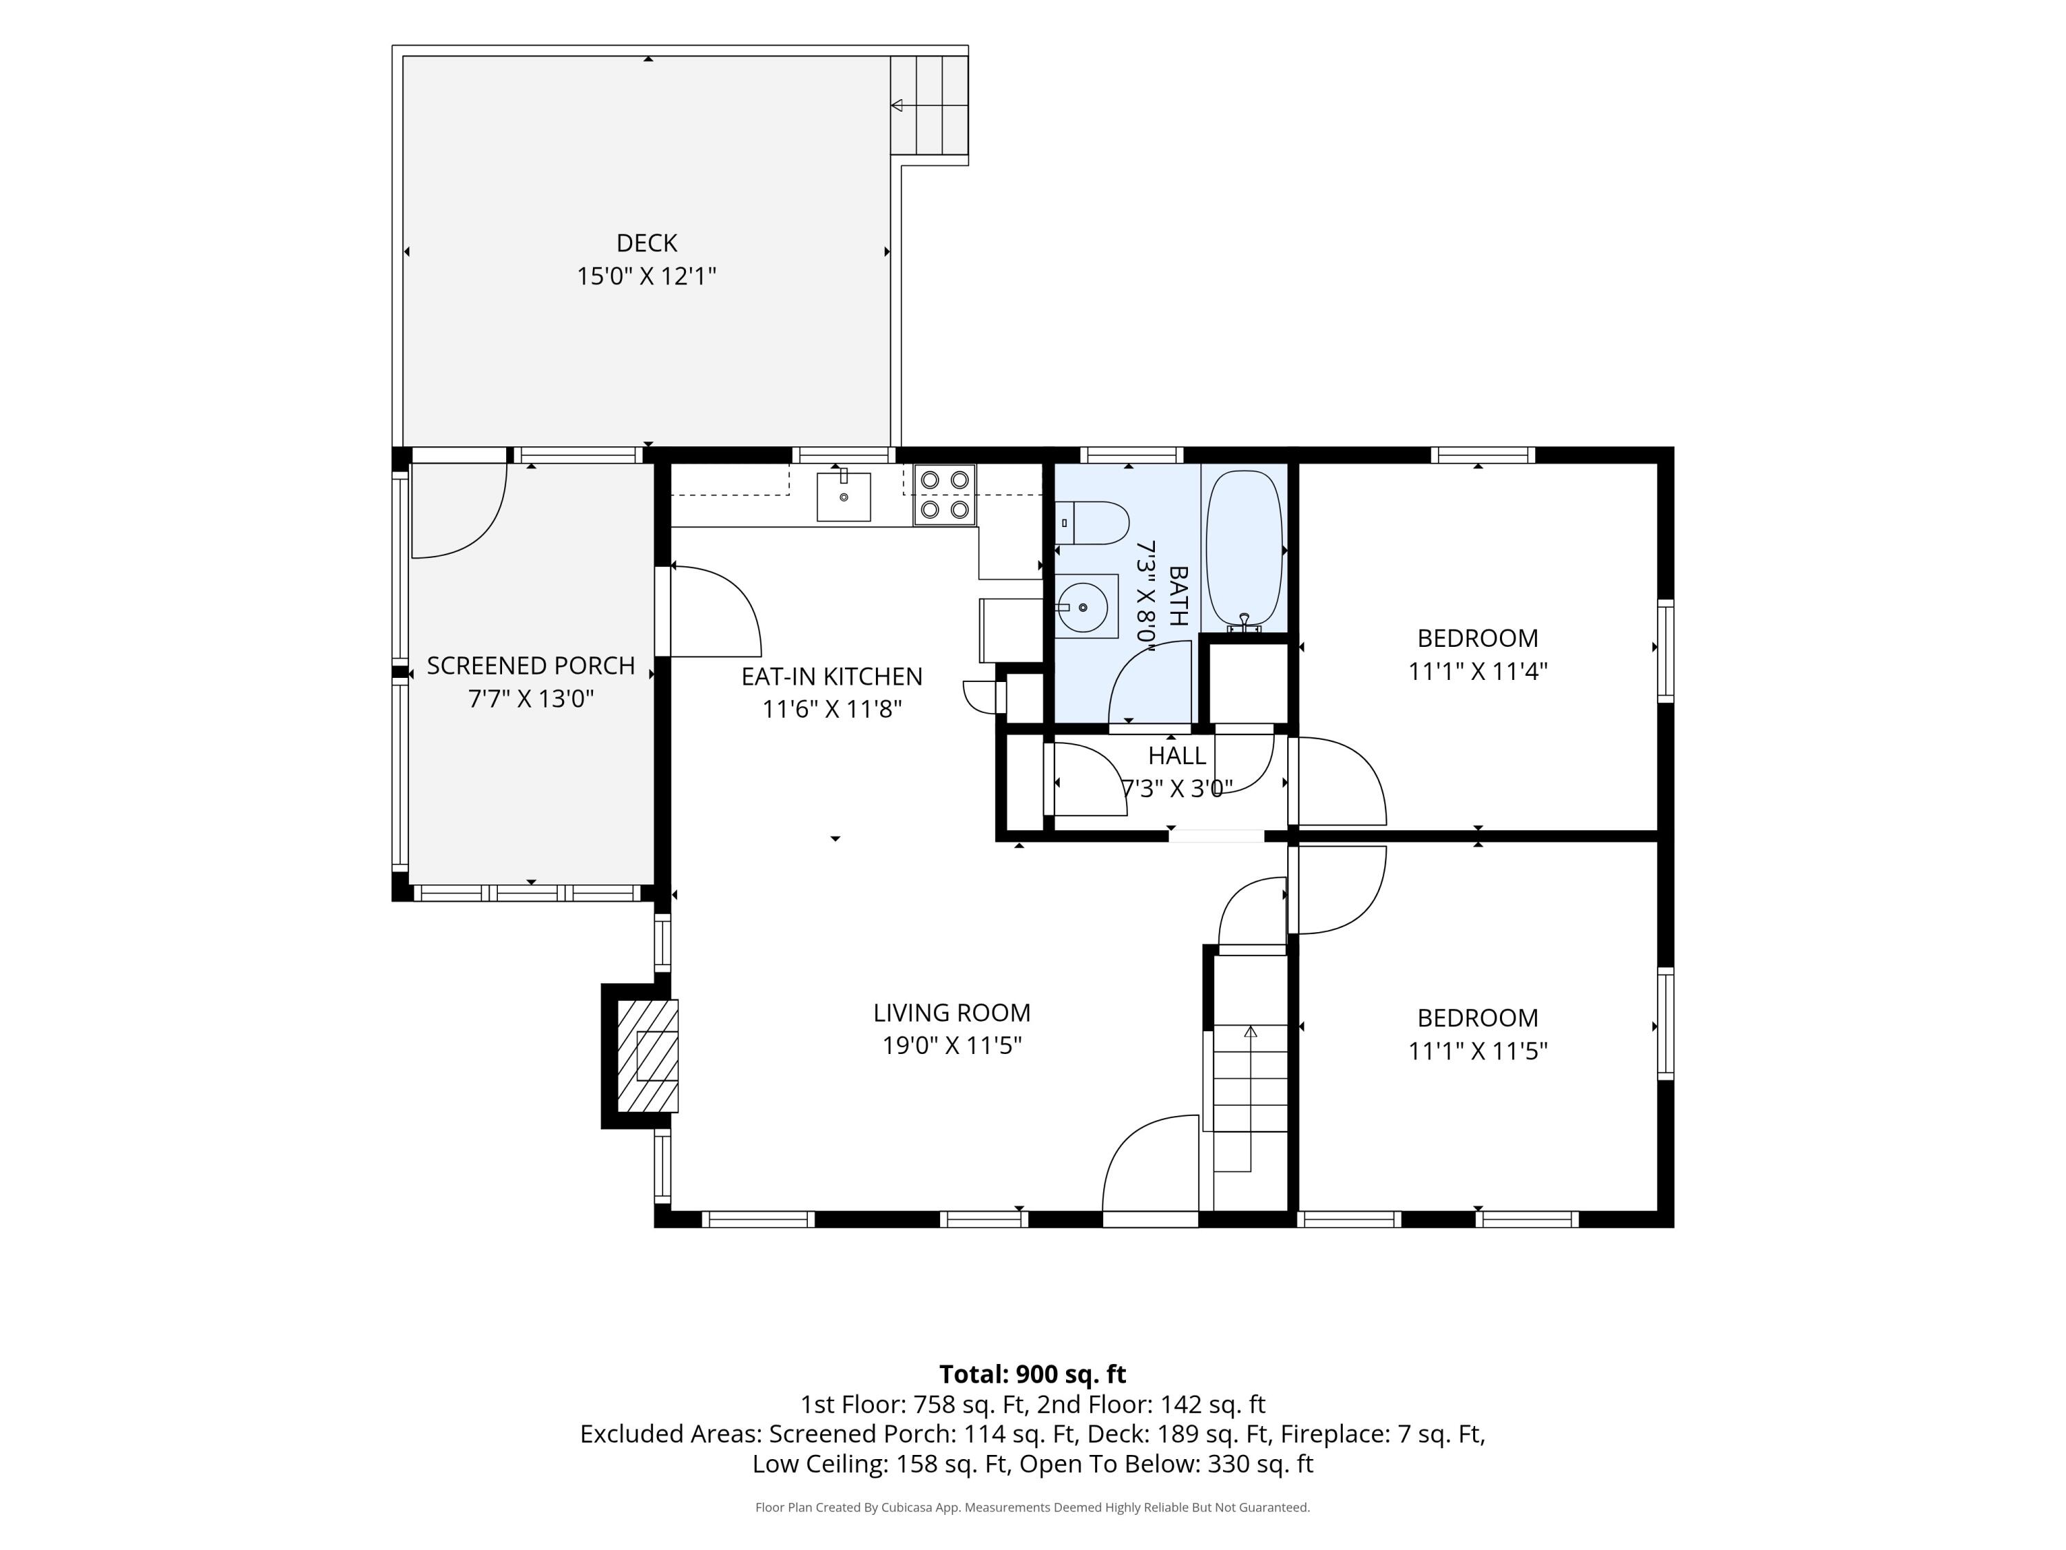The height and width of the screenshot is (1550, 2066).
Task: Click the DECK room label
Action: pyautogui.click(x=647, y=243)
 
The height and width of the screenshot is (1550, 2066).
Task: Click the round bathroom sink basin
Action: pyautogui.click(x=1083, y=608)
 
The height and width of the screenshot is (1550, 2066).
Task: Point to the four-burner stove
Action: pyautogui.click(x=944, y=494)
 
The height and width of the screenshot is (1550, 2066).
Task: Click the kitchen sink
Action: pyautogui.click(x=844, y=496)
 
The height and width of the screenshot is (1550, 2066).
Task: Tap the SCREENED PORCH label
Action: pyautogui.click(x=530, y=666)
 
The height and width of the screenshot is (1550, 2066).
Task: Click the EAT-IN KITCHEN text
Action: pyautogui.click(x=831, y=676)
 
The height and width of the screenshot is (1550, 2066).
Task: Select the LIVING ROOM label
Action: pyautogui.click(x=952, y=1013)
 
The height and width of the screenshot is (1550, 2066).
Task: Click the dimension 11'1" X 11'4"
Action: pyautogui.click(x=1478, y=672)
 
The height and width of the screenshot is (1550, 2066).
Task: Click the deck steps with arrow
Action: pyautogui.click(x=928, y=105)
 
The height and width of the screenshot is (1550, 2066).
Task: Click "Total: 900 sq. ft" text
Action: pyautogui.click(x=1032, y=1374)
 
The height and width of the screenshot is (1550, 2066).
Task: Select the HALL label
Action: pyautogui.click(x=1177, y=756)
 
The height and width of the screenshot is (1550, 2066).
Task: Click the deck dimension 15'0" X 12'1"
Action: pyautogui.click(x=647, y=276)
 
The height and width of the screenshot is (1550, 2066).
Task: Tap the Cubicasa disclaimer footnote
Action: pyautogui.click(x=1032, y=1507)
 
